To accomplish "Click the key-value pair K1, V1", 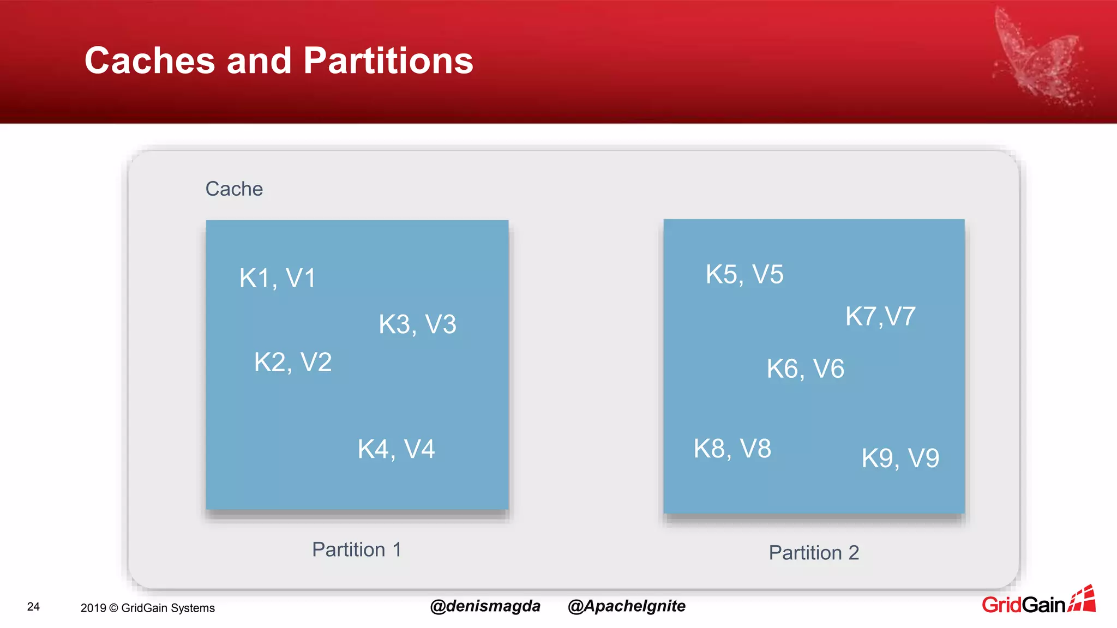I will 278,278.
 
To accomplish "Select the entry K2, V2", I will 293,362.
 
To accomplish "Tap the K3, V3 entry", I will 417,324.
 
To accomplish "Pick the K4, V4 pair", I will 396,449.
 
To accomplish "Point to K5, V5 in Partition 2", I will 744,274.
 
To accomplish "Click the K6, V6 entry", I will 805,369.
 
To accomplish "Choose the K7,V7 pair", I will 880,316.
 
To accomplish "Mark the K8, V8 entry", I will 732,449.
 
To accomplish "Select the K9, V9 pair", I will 900,458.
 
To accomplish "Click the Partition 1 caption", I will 357,549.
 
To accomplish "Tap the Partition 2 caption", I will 814,553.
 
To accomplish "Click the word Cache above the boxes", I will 234,189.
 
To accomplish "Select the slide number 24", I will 33,607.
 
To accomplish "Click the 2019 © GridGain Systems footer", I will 147,608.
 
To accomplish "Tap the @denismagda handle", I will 485,606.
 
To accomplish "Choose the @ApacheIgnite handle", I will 626,606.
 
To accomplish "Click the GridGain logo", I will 1037,602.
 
